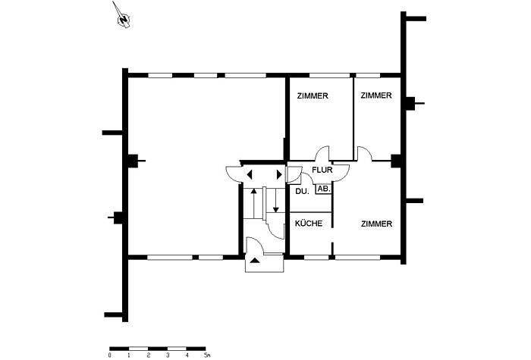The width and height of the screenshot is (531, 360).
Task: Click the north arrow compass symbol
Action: [x=124, y=17]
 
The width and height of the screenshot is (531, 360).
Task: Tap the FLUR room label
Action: [x=322, y=170]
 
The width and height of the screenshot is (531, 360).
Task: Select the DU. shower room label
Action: [x=302, y=191]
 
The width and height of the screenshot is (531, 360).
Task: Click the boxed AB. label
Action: [x=323, y=189]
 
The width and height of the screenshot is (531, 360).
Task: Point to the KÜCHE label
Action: [x=309, y=224]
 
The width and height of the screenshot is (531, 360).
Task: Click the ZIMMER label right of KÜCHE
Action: [x=376, y=224]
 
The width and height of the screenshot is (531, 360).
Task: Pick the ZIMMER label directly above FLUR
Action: [x=313, y=95]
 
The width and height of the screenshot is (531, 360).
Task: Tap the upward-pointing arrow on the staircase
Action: [x=253, y=203]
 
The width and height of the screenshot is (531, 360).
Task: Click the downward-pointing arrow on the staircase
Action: [x=275, y=200]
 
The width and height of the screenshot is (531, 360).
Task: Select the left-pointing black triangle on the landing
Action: [x=250, y=175]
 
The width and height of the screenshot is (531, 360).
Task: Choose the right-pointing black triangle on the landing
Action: [x=279, y=174]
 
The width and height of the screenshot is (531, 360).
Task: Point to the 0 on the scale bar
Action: [x=109, y=355]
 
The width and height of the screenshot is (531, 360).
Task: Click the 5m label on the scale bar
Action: [x=207, y=355]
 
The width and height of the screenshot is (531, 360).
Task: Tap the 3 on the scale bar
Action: [x=168, y=355]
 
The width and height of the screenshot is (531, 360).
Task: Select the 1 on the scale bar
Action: [x=129, y=355]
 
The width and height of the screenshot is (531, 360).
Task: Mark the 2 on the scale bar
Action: [x=149, y=355]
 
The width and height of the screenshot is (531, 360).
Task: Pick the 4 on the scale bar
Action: [x=187, y=355]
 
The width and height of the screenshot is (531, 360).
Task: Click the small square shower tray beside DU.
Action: [x=290, y=174]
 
